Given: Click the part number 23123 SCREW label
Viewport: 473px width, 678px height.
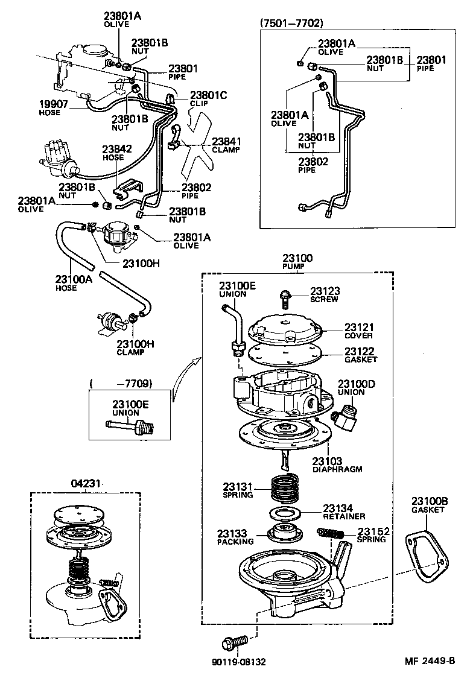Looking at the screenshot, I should [324, 294].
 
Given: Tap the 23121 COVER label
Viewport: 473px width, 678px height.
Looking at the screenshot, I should [358, 330].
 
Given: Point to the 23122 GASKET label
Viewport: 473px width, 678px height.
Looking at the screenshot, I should [360, 355].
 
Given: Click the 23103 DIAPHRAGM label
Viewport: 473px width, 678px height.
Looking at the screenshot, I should [337, 465].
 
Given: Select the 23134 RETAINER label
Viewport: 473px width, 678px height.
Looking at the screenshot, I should [344, 512].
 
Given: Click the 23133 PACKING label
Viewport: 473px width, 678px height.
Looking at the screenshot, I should [235, 537].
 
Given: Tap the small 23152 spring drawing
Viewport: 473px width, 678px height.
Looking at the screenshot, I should [330, 533].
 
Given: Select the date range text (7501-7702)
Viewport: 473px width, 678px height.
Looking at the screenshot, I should [291, 24].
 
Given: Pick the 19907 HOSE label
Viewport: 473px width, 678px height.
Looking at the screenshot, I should [49, 108].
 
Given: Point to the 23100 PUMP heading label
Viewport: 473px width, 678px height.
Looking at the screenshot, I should [297, 262].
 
